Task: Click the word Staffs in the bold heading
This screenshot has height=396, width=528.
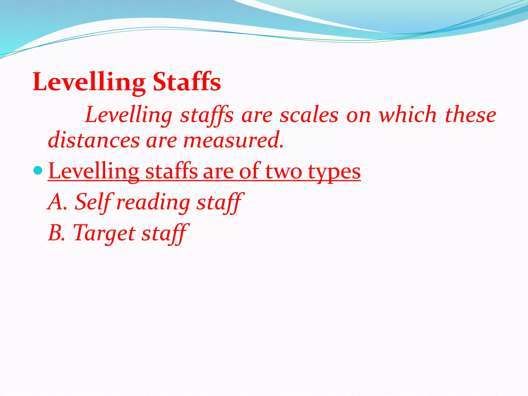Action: tap(187, 82)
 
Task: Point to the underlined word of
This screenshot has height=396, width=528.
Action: tap(249, 171)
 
